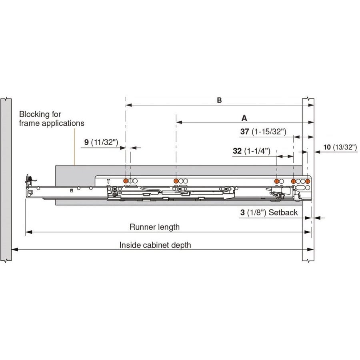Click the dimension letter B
[x=219, y=100]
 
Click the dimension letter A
[x=244, y=118]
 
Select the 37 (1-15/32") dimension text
[x=265, y=132]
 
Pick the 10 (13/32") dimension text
[x=340, y=147]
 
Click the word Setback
[x=283, y=212]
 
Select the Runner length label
[x=154, y=227]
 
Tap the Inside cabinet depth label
[x=155, y=245]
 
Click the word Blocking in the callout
[x=34, y=114]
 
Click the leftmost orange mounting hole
[x=126, y=181]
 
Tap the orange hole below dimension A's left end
[x=176, y=181]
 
